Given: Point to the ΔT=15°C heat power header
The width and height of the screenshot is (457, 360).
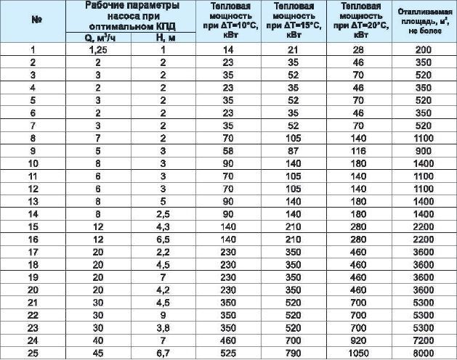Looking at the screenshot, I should pyautogui.click(x=294, y=22).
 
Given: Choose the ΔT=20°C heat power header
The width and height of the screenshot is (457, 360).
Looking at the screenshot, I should pyautogui.click(x=358, y=22).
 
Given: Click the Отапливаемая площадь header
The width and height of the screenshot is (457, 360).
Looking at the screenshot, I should pyautogui.click(x=424, y=22).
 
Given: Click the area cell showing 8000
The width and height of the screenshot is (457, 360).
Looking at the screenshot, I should pyautogui.click(x=424, y=352).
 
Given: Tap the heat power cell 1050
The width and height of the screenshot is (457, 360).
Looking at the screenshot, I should pyautogui.click(x=358, y=352).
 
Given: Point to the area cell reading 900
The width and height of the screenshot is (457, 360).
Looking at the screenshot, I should pyautogui.click(x=424, y=151).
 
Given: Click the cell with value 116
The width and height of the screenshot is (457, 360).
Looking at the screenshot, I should pyautogui.click(x=358, y=151).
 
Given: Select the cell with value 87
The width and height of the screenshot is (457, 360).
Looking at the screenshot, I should pyautogui.click(x=294, y=151).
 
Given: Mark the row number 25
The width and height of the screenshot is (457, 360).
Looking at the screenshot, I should pyautogui.click(x=33, y=352).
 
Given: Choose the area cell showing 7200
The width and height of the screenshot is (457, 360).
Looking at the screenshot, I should pyautogui.click(x=424, y=339).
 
